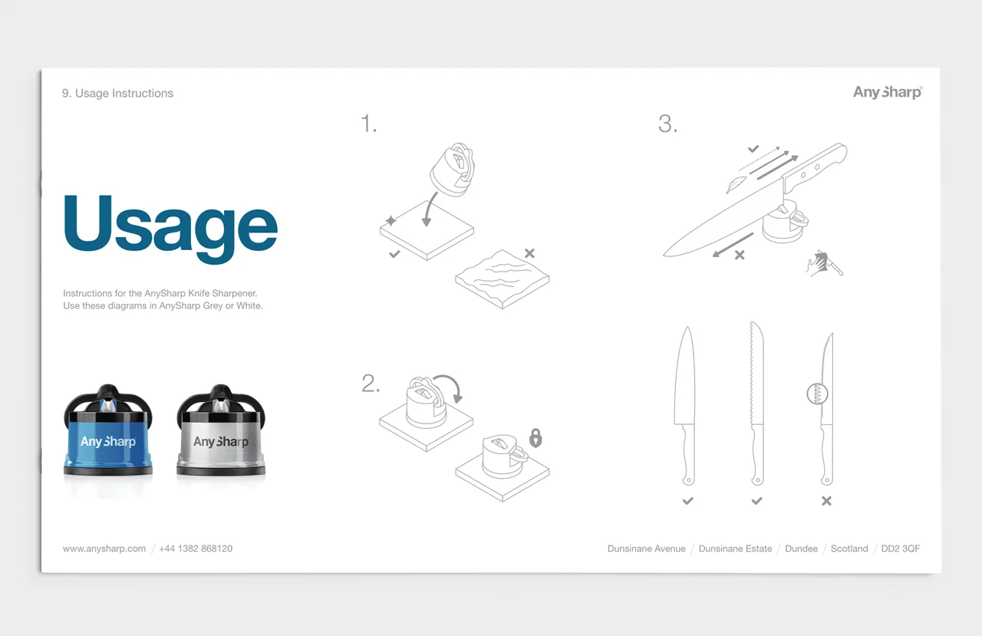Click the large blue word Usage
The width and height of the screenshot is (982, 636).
coord(170,228)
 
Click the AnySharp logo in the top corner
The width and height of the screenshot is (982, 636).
coord(888,93)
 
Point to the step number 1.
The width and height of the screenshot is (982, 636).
coord(368,124)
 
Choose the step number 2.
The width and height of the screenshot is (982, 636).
coord(371,384)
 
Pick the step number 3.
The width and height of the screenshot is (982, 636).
coord(667,124)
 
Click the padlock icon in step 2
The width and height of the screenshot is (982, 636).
coord(535,438)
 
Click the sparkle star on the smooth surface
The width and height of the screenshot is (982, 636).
coord(390,220)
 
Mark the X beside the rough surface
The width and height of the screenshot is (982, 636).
coord(529,253)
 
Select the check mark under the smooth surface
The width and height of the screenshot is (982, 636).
coord(394,254)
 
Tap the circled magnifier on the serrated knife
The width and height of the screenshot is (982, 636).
coord(817,393)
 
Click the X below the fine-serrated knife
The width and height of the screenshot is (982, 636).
coord(826,500)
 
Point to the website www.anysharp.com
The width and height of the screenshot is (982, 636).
coord(104,549)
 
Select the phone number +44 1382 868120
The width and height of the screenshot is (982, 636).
coord(196,549)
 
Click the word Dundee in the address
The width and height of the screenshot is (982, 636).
coord(802,549)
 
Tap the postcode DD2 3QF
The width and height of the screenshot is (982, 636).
coord(901,549)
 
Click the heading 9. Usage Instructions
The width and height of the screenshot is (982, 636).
coord(117,94)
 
